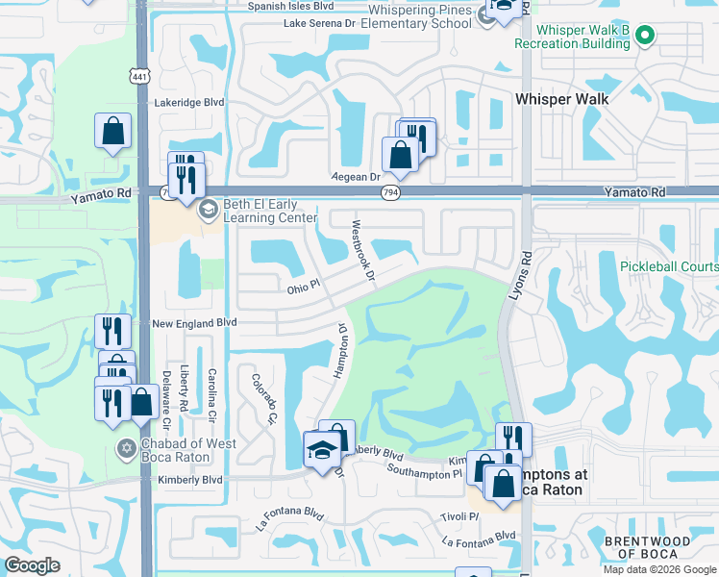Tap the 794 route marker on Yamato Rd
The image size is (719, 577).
pyautogui.click(x=395, y=192)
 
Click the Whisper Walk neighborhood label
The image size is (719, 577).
pyautogui.click(x=561, y=98)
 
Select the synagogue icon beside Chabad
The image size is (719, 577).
pyautogui.click(x=127, y=448)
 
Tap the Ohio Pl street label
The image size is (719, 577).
pyautogui.click(x=303, y=288)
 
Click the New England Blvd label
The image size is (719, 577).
pyautogui.click(x=194, y=324)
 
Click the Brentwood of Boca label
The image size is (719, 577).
pyautogui.click(x=647, y=547)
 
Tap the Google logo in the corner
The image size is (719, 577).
pyautogui.click(x=32, y=565)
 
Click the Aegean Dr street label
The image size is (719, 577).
pyautogui.click(x=357, y=177)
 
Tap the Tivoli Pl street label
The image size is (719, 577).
pyautogui.click(x=460, y=515)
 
